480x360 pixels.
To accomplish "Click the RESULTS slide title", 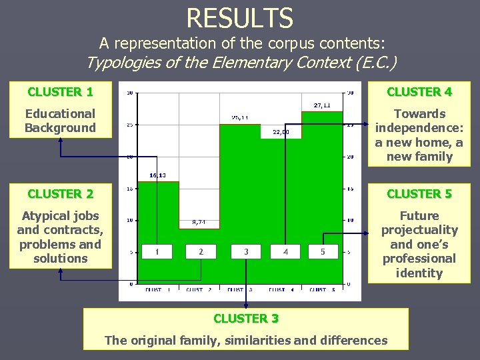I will pos(240,17).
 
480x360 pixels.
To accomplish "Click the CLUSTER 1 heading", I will pos(60,91).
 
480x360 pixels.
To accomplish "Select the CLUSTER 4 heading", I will pos(419,91).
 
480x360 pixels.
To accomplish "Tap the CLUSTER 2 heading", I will pos(60,194).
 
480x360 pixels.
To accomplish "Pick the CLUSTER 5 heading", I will pos(419,194).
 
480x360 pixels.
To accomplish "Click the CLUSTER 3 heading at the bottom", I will pos(246,319).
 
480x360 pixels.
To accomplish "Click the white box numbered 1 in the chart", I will pos(157,251).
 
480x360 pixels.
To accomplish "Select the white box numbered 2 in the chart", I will pos(201,251).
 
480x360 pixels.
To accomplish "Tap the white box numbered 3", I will pos(246,251).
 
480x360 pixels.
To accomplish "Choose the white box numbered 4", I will pos(285,251).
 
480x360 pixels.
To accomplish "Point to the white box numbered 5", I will pos(323,251).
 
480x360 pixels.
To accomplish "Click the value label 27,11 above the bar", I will pos(322,105).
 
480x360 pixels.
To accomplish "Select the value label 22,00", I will pos(281,132).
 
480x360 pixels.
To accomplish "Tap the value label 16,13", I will pos(157,175).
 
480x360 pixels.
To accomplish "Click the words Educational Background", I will pos(60,121).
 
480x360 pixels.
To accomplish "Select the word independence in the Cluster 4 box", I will pos(419,128).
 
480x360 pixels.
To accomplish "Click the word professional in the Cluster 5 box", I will pos(419,258).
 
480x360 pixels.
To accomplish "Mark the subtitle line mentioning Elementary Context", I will pos(241,63).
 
